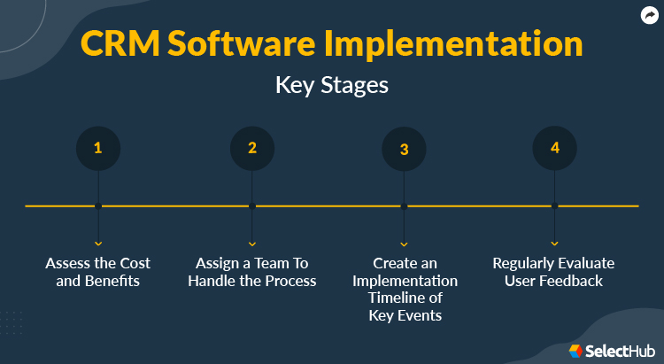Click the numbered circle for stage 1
pyautogui.click(x=98, y=149)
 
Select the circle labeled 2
pyautogui.click(x=252, y=149)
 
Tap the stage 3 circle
pyautogui.click(x=404, y=149)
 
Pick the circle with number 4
pyautogui.click(x=555, y=148)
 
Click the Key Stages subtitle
pyautogui.click(x=332, y=86)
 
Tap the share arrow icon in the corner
pyautogui.click(x=648, y=14)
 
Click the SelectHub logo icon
pyautogui.click(x=575, y=351)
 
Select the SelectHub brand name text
pyautogui.click(x=620, y=351)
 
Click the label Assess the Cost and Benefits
pyautogui.click(x=98, y=272)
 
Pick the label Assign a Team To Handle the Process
pyautogui.click(x=252, y=272)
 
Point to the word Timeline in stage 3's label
pyautogui.click(x=405, y=298)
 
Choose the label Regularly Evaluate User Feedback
pyautogui.click(x=553, y=272)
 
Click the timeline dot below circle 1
pyautogui.click(x=98, y=206)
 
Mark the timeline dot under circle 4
pyautogui.click(x=555, y=206)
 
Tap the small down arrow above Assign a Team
pyautogui.click(x=252, y=243)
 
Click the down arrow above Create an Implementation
pyautogui.click(x=404, y=243)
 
